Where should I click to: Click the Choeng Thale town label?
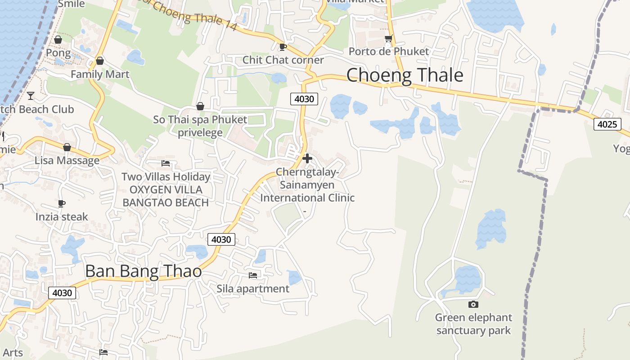pos(405,75)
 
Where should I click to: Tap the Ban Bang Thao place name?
pos(143,271)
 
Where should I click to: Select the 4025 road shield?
pos(607,124)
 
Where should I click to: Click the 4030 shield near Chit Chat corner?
pos(304,99)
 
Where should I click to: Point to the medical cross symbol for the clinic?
pos(307,158)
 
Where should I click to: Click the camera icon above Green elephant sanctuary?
pos(473,305)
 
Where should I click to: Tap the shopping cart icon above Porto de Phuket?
pos(388,39)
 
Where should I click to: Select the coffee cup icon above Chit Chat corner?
pos(283,47)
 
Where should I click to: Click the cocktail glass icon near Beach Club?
pos(30,95)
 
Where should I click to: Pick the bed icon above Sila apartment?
pos(253,275)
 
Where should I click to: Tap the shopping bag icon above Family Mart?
pos(100,61)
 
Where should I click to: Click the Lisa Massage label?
pos(67,161)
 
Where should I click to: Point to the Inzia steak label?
pos(62,217)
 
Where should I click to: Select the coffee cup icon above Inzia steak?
pos(62,204)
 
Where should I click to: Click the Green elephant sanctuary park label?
pos(473,324)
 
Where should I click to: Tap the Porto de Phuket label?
pos(389,51)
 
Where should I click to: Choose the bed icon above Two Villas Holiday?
pos(166,163)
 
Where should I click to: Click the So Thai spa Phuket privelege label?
pos(200,126)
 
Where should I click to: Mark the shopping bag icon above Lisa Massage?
pos(67,147)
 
